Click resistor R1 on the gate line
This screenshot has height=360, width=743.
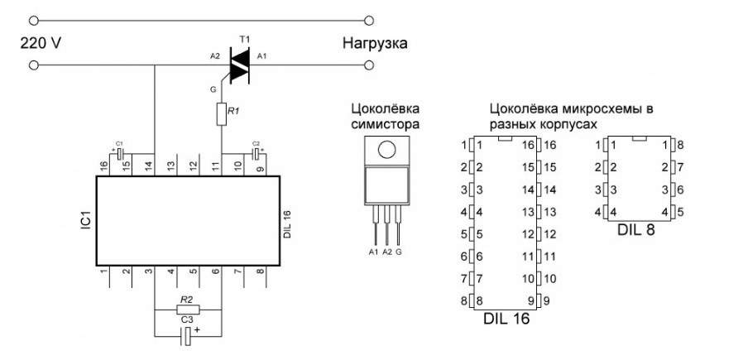coord(222,114)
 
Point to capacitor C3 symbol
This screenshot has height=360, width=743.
coord(187,335)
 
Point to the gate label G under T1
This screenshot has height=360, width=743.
coord(212,86)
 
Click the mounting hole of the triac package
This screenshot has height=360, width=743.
coord(385,150)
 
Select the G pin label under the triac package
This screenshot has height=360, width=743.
coord(400,252)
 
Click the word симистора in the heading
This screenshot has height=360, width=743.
coord(386,123)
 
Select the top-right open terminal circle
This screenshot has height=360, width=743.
coord(368,18)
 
